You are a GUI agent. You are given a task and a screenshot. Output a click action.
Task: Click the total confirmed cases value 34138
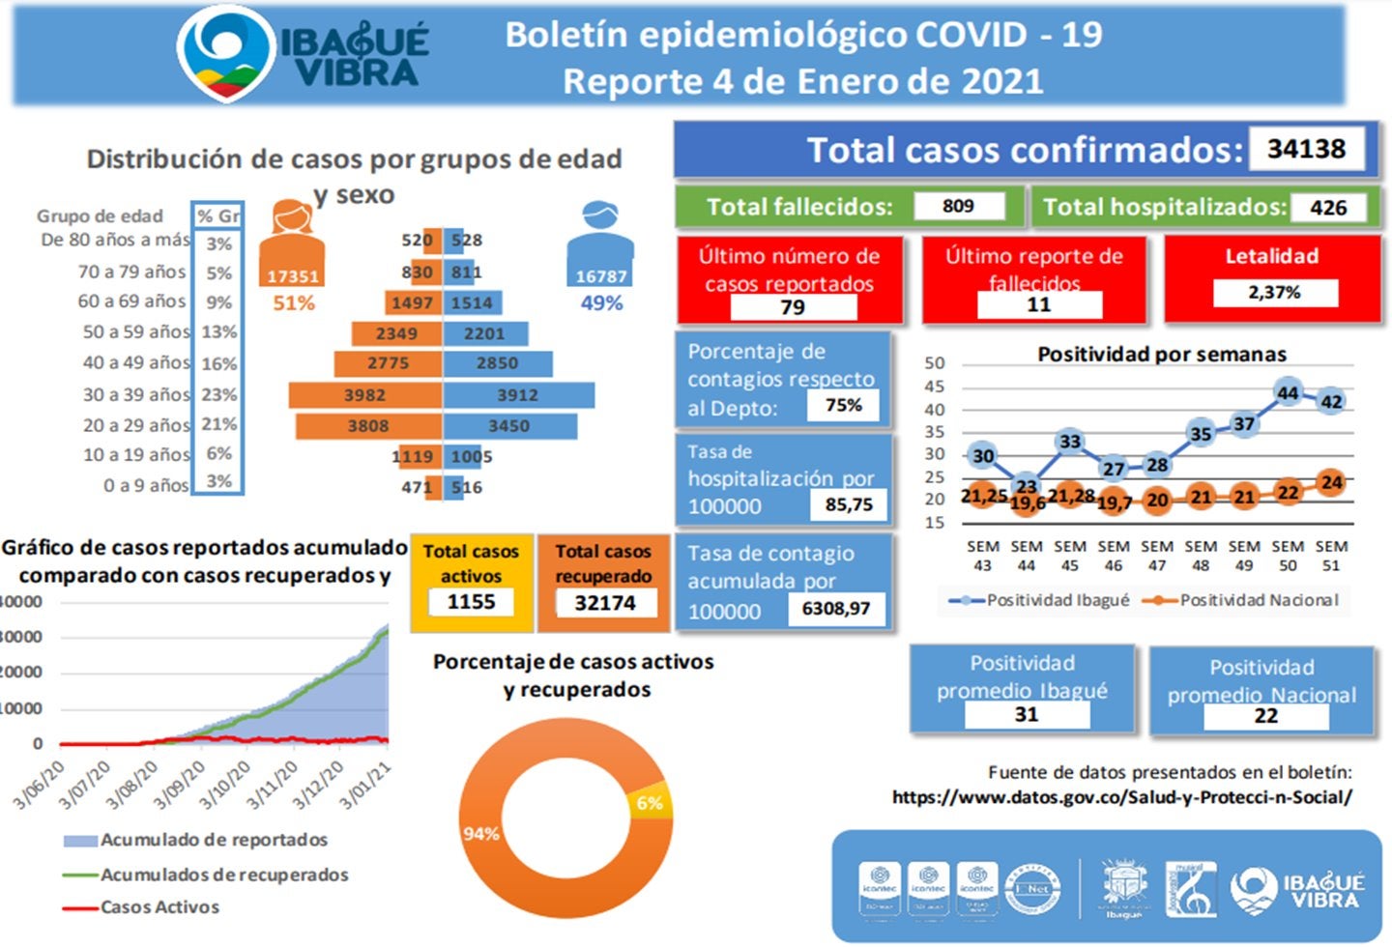pyautogui.click(x=1306, y=150)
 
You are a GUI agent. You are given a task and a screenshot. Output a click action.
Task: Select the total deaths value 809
pyautogui.click(x=958, y=206)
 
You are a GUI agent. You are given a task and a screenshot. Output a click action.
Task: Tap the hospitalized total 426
pyautogui.click(x=1328, y=208)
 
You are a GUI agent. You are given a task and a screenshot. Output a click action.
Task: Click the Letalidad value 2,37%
pyautogui.click(x=1274, y=292)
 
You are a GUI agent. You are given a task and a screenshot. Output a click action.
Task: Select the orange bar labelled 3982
pyautogui.click(x=365, y=395)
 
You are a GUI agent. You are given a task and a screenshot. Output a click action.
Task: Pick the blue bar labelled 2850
pyautogui.click(x=498, y=363)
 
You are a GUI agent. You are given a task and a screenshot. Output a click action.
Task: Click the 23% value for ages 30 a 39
pyautogui.click(x=218, y=394)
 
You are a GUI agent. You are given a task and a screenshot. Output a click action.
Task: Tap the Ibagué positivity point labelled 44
pyautogui.click(x=1288, y=393)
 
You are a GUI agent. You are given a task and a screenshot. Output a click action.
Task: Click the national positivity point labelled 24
pyautogui.click(x=1331, y=482)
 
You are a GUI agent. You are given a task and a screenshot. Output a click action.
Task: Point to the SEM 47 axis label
pyautogui.click(x=1157, y=556)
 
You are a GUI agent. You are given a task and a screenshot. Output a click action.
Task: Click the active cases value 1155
pyautogui.click(x=471, y=602)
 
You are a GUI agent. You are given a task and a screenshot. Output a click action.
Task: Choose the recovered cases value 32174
pyautogui.click(x=605, y=603)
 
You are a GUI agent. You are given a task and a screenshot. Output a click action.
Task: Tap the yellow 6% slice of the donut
pyautogui.click(x=650, y=802)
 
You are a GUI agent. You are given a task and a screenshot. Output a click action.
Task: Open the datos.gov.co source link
pyautogui.click(x=1121, y=797)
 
